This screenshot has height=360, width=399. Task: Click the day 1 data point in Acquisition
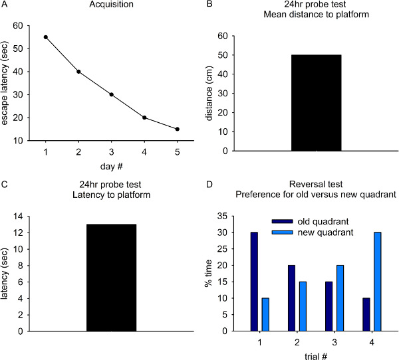point(46,37)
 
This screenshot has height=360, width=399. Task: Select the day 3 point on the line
point(112,94)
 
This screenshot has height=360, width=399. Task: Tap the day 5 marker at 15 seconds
point(178,129)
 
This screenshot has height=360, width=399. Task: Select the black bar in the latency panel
point(111,277)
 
